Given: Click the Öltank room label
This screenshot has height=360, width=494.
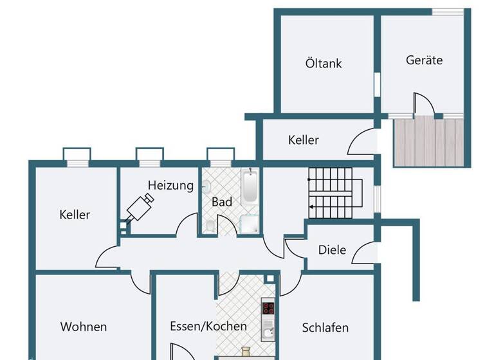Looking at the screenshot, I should click(324, 64).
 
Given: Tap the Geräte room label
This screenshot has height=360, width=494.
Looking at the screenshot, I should click(425, 60).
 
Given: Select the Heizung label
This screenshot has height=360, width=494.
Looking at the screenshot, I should click(170, 185).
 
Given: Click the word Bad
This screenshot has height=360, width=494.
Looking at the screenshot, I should click(222, 202).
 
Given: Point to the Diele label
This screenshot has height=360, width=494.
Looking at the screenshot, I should click(332, 250).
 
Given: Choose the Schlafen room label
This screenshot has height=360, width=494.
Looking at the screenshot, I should click(325, 328).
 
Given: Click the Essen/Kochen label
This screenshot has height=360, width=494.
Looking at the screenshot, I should click(208, 326).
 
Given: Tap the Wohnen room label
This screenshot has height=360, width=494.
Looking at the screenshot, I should click(84, 327).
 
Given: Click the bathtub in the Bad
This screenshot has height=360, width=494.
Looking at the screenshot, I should click(250, 187).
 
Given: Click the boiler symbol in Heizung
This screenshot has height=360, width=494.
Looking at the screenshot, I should click(140, 207).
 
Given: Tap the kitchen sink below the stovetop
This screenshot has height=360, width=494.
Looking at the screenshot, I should click(268, 332).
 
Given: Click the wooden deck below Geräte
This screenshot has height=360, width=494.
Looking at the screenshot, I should click(428, 142).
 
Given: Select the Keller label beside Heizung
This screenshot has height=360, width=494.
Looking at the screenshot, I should click(75, 215).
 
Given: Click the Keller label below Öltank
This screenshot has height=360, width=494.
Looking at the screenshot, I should click(304, 139).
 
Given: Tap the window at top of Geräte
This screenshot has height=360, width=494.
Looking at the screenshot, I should click(448, 12).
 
